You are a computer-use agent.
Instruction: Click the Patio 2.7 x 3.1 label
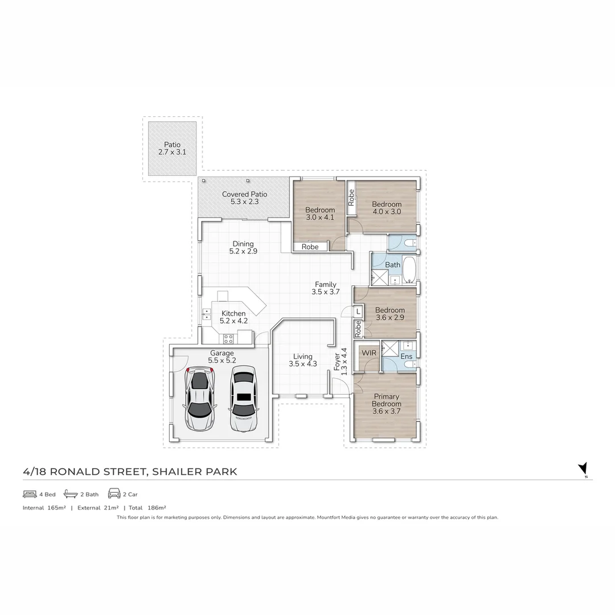pyautogui.click(x=172, y=149)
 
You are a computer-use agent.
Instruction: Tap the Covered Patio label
pyautogui.click(x=244, y=198)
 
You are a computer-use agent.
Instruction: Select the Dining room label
pyautogui.click(x=243, y=247)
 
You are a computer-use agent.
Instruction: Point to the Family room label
pyautogui.click(x=326, y=288)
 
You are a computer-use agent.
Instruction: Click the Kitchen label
pyautogui.click(x=233, y=317)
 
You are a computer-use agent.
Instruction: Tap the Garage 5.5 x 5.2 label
pyautogui.click(x=222, y=357)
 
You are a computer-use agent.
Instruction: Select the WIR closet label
pyautogui.click(x=369, y=353)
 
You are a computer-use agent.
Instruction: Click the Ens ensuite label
pyautogui.click(x=406, y=356)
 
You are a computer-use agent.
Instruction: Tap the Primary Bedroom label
pyautogui.click(x=386, y=404)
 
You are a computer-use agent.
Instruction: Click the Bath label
pyautogui.click(x=393, y=265)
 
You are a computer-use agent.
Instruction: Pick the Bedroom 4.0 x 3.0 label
pyautogui.click(x=387, y=208)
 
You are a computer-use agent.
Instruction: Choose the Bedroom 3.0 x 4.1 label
pyautogui.click(x=319, y=213)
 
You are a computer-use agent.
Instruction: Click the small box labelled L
pyautogui.click(x=358, y=311)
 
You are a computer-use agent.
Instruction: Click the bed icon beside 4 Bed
pyautogui.click(x=30, y=494)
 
